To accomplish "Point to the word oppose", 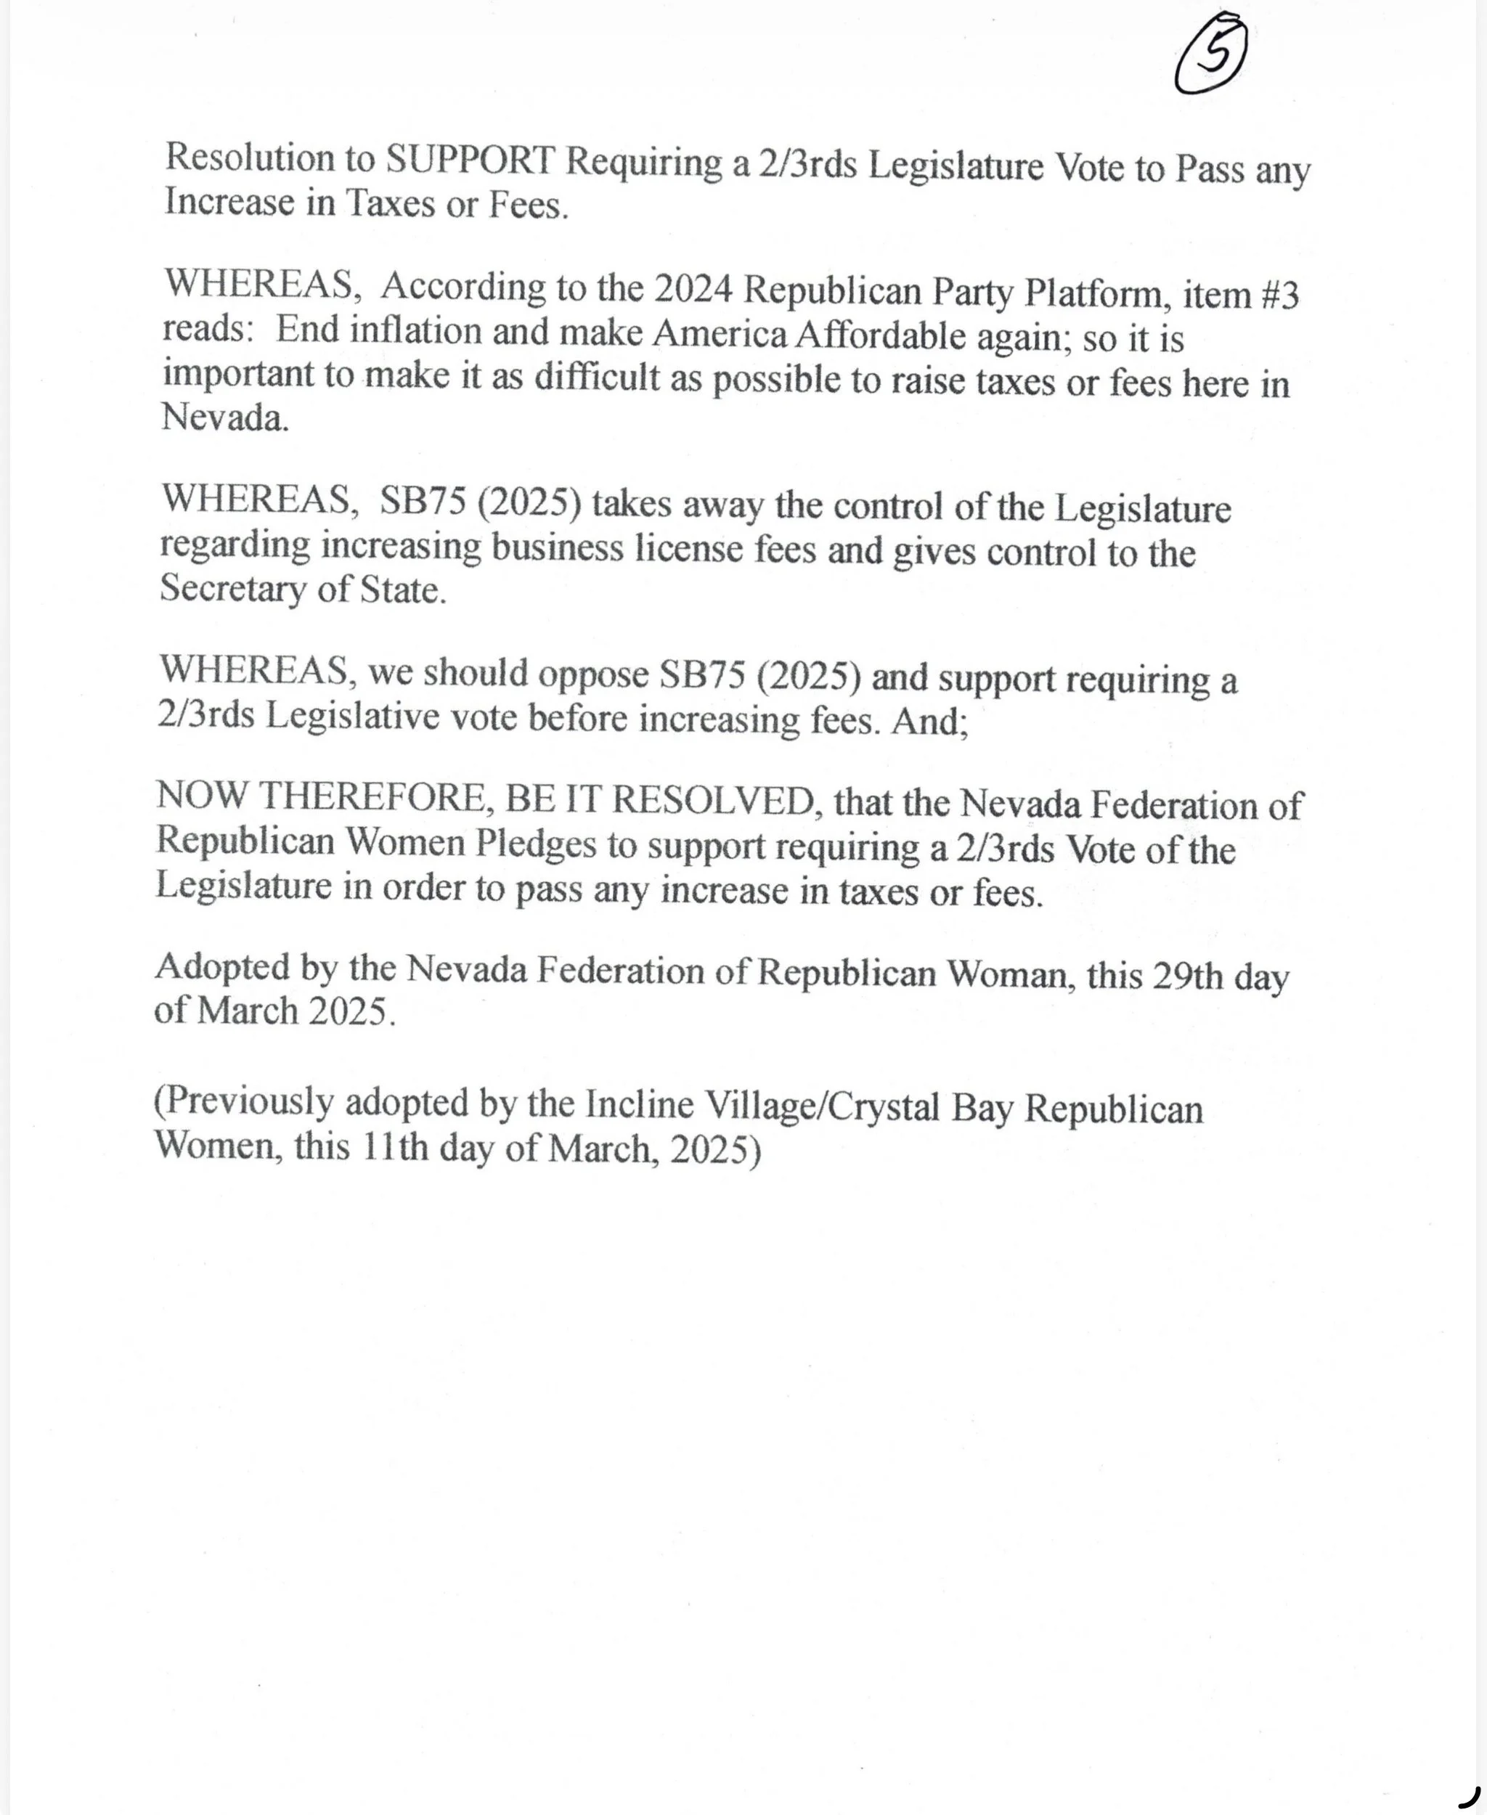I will point(592,675).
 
